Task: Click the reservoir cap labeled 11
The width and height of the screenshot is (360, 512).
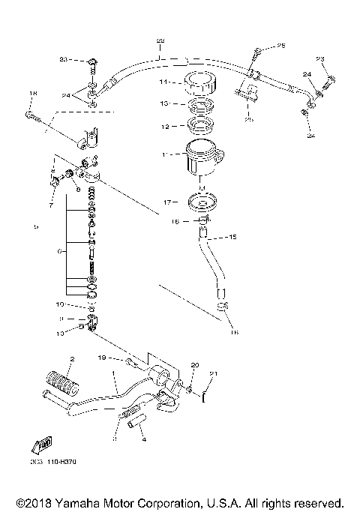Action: click(x=198, y=82)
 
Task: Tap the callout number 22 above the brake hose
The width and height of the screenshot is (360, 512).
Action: click(x=159, y=40)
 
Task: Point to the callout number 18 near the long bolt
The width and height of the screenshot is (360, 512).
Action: click(x=31, y=94)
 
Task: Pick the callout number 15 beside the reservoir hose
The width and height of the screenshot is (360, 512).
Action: click(x=232, y=238)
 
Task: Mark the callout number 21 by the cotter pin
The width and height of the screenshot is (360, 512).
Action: click(x=212, y=373)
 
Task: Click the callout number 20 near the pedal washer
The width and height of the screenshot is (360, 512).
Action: click(x=195, y=365)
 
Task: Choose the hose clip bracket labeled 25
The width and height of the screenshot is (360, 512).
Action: click(x=247, y=95)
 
